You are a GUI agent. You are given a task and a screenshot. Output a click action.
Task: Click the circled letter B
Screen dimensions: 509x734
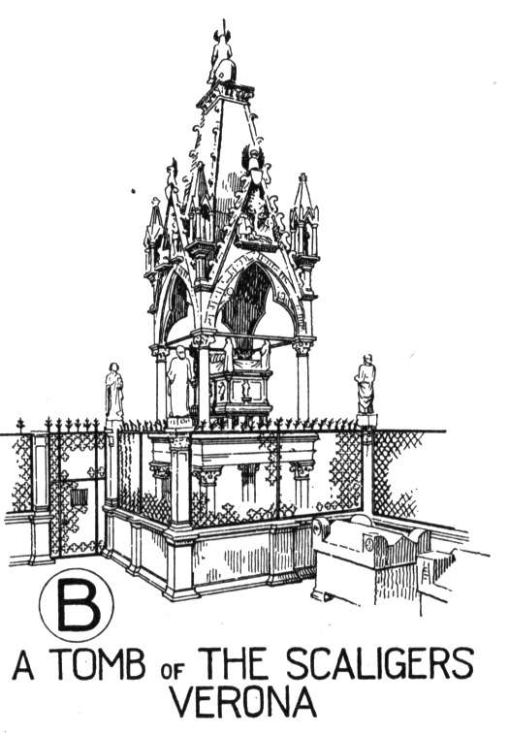pos(77,605)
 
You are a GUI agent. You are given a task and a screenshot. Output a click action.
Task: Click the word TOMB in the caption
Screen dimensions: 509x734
pos(99,664)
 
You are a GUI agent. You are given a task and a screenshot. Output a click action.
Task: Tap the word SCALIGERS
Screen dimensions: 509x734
pos(380,663)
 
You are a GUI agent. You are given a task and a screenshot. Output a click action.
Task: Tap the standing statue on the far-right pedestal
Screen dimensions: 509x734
pos(366,384)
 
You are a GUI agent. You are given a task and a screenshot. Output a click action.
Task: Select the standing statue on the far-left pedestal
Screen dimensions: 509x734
pos(113,391)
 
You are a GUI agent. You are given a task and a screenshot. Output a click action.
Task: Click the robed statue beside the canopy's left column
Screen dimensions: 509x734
pos(179,381)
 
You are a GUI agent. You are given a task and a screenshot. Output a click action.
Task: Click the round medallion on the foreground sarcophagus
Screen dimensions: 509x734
pos(369,544)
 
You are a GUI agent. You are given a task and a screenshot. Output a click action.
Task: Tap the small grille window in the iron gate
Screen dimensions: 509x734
pos(79,496)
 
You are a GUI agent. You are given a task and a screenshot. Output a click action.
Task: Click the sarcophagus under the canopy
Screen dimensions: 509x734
pos(240,390)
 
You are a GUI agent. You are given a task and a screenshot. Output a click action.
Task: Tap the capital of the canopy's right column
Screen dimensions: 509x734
pos(302,347)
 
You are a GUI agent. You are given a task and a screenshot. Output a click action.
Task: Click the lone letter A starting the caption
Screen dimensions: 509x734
pos(23,665)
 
